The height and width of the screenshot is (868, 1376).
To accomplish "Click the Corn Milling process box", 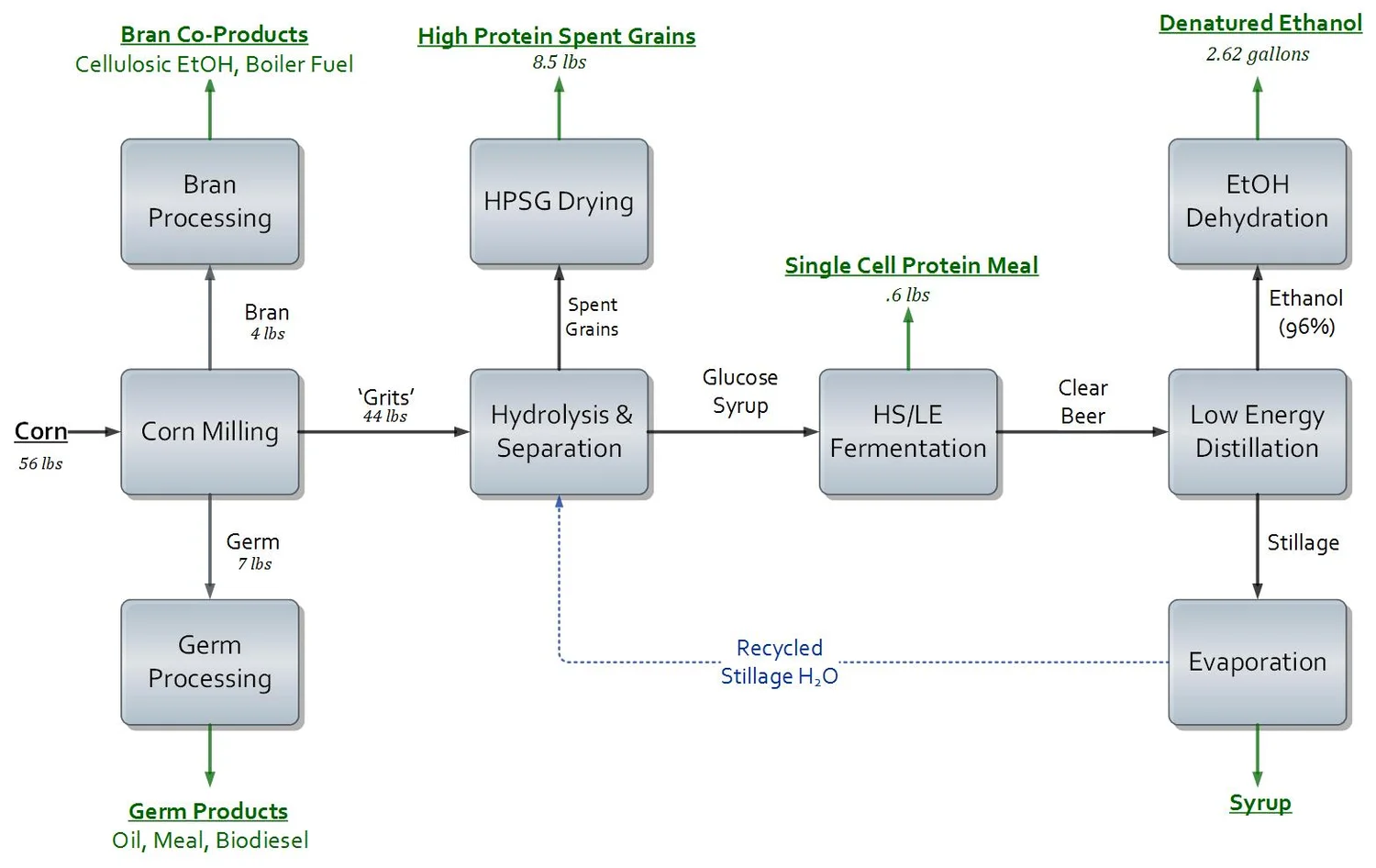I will [x=210, y=431].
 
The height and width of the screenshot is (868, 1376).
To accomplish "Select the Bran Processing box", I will [x=210, y=202].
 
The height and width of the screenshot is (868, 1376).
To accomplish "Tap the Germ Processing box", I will [x=210, y=662].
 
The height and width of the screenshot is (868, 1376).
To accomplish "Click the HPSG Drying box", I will [x=559, y=202].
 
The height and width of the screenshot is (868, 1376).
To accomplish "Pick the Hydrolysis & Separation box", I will [x=559, y=431].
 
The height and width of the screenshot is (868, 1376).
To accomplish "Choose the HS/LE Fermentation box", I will [x=908, y=431].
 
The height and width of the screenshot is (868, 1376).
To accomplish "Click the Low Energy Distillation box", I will [x=1257, y=431].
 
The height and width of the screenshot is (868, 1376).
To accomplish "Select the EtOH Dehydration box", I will [x=1257, y=202].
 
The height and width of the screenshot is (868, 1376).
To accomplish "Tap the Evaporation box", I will [x=1257, y=662].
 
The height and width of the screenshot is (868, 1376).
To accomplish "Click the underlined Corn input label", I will [x=40, y=431].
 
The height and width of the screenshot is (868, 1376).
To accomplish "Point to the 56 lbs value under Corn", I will [x=40, y=463].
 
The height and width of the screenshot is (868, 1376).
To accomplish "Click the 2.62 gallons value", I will [x=1257, y=54].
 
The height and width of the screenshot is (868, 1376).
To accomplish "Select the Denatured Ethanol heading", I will [x=1260, y=23].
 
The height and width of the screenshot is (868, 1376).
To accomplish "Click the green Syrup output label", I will [x=1259, y=803].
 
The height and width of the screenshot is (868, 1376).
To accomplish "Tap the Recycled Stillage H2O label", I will [x=780, y=662].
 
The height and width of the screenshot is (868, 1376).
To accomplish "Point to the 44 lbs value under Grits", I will [x=385, y=417].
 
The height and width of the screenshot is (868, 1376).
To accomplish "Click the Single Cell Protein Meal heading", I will [x=911, y=265].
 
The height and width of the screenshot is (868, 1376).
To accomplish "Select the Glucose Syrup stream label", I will [x=740, y=391].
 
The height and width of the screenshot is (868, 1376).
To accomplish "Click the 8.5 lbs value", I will [x=559, y=61].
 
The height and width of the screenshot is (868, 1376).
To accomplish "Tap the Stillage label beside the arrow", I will [x=1303, y=542].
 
